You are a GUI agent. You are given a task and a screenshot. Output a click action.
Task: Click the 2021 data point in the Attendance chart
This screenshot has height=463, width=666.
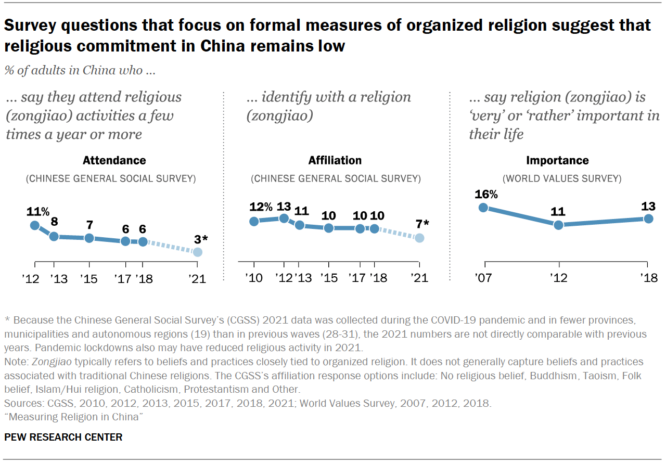(197, 252)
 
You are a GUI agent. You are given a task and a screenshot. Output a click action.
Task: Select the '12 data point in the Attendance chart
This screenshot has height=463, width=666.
(35, 225)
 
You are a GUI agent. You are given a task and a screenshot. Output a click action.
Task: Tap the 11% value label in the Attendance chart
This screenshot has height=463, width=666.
(38, 212)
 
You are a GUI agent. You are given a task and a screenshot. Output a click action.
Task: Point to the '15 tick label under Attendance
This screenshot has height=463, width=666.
(89, 278)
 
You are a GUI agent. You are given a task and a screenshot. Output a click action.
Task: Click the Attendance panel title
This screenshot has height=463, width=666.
(114, 160)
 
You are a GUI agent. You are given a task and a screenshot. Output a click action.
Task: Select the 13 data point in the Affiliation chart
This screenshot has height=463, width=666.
(284, 218)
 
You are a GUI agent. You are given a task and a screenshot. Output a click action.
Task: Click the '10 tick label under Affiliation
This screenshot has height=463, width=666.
(254, 278)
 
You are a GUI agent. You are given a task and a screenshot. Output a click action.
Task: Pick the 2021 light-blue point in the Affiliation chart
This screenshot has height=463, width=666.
(419, 238)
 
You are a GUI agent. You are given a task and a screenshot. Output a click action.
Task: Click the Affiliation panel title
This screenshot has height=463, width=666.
(335, 160)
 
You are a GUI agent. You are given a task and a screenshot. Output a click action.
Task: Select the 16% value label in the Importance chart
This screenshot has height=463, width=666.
(486, 195)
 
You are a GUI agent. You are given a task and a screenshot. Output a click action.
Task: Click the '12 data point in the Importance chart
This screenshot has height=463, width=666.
(558, 225)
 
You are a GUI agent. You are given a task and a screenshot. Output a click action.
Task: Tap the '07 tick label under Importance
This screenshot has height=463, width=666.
(484, 278)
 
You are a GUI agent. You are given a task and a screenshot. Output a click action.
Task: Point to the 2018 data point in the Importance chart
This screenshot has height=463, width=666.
(648, 218)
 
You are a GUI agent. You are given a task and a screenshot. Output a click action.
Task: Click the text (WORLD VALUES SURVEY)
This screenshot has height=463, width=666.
(562, 178)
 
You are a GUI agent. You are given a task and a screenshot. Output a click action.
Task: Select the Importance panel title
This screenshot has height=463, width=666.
(557, 160)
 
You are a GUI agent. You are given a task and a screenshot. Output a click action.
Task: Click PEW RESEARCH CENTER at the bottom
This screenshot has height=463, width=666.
(63, 437)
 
